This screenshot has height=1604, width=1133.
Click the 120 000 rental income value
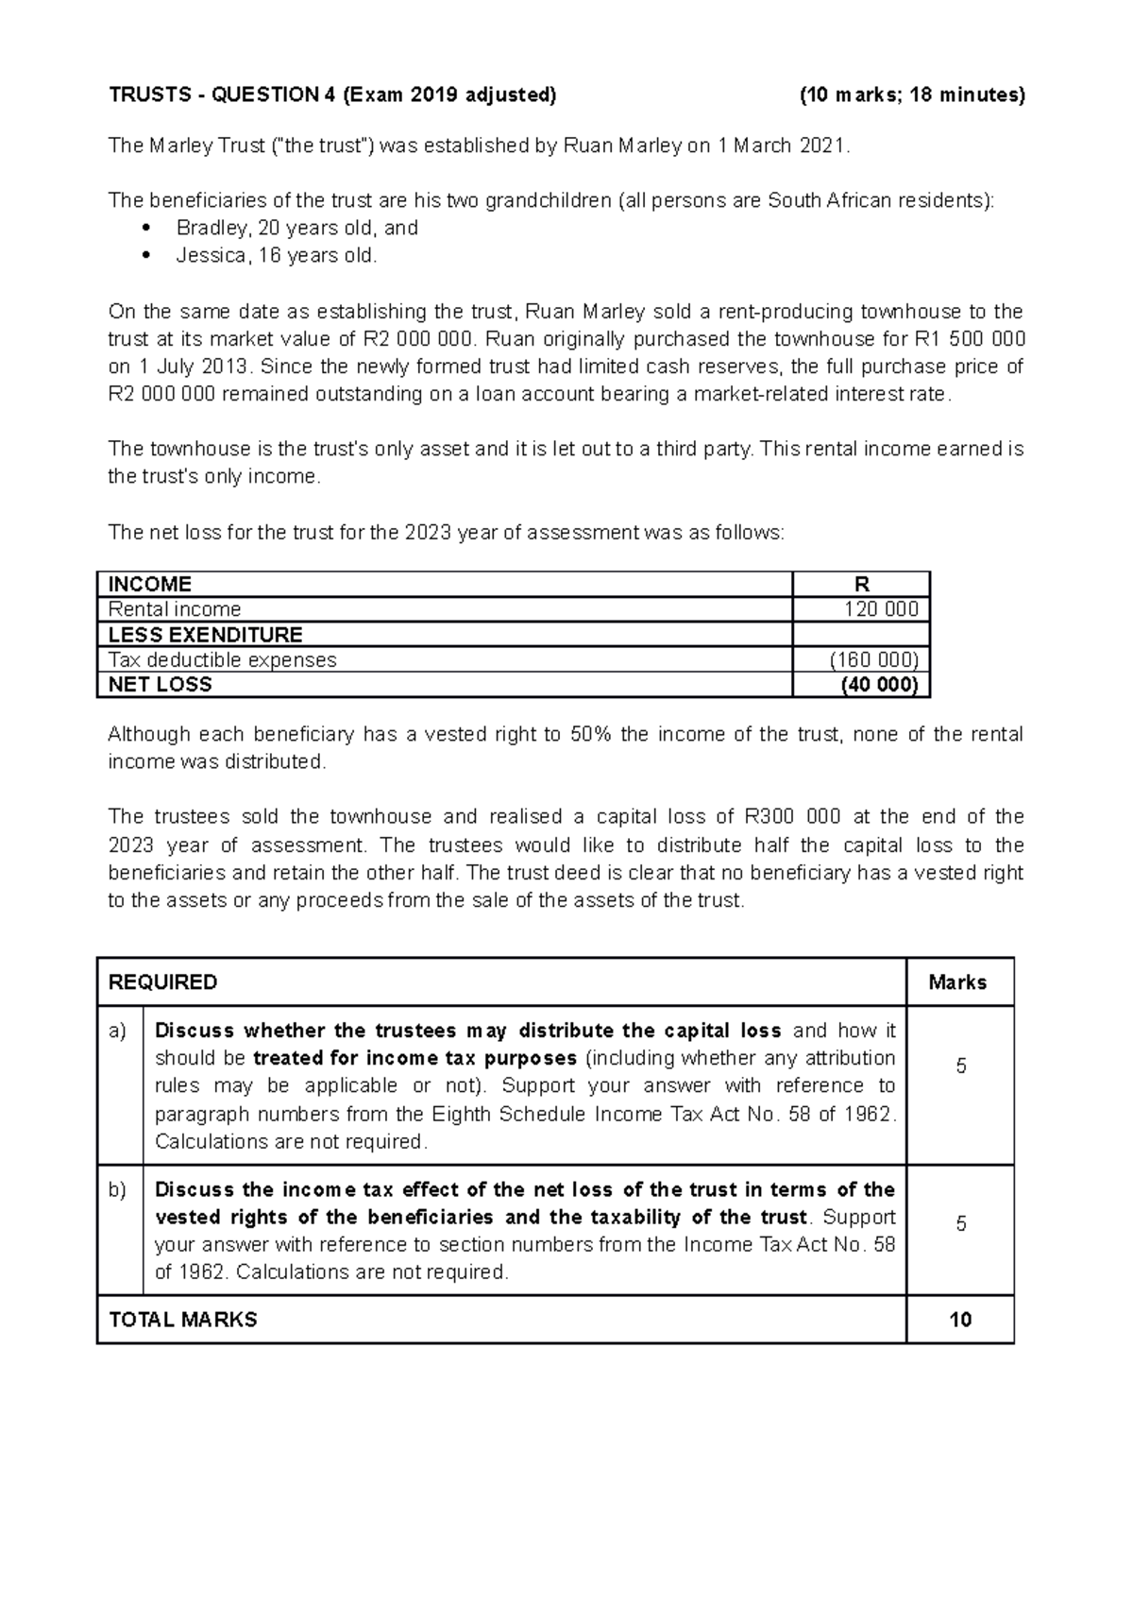[880, 609]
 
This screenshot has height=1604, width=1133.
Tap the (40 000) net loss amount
[879, 685]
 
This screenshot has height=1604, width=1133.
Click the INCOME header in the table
[150, 584]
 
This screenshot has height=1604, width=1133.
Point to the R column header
[861, 584]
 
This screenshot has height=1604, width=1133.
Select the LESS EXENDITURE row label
[205, 635]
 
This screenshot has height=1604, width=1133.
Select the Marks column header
[957, 982]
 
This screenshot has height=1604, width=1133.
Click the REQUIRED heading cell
[163, 982]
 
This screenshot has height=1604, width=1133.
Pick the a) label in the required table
[118, 1031]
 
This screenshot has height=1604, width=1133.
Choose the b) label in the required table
[118, 1190]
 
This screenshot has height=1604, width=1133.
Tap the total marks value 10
[960, 1320]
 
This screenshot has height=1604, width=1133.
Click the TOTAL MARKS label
[183, 1320]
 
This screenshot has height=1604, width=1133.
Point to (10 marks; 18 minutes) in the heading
[911, 94]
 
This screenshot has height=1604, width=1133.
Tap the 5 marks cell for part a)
[960, 1066]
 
